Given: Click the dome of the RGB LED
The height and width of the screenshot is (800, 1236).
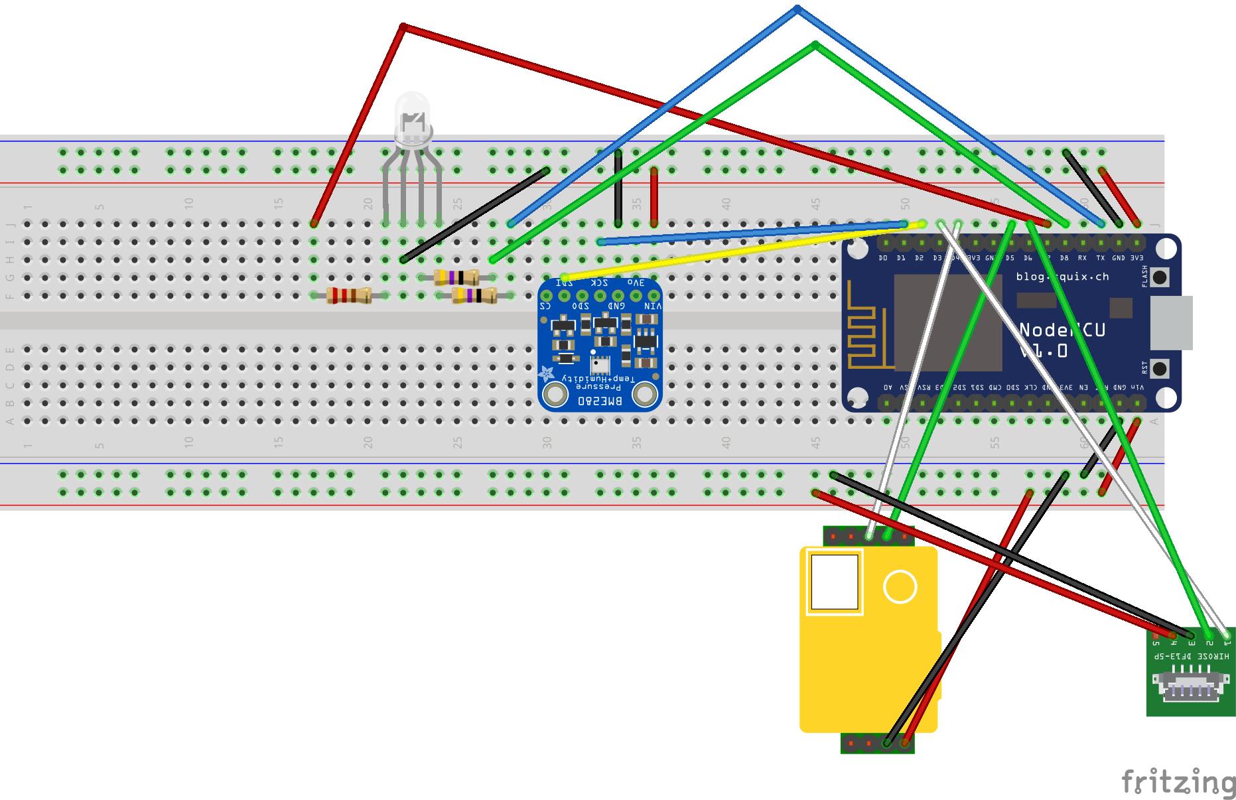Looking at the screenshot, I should (x=412, y=116).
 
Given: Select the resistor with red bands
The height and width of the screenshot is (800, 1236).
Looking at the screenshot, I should (x=348, y=296).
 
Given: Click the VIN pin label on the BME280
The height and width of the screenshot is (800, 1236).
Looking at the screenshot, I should (x=653, y=306).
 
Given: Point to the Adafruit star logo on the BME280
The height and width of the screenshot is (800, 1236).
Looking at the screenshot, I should (x=547, y=374).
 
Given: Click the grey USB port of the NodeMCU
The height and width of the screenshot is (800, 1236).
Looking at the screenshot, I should (x=1171, y=323).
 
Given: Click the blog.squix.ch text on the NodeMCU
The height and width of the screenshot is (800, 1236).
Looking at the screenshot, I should (x=1062, y=277).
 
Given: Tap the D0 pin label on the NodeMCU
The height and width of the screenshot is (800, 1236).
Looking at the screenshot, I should (x=883, y=258).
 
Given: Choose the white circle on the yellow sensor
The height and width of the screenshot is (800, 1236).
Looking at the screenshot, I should (x=900, y=586).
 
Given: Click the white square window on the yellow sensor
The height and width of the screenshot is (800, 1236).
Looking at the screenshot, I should (x=835, y=582).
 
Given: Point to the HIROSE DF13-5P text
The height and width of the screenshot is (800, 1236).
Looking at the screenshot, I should (x=1191, y=656).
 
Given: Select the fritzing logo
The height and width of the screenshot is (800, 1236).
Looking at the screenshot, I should (x=1178, y=783).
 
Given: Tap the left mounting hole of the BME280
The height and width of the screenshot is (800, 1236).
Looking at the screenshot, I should (x=555, y=395).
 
